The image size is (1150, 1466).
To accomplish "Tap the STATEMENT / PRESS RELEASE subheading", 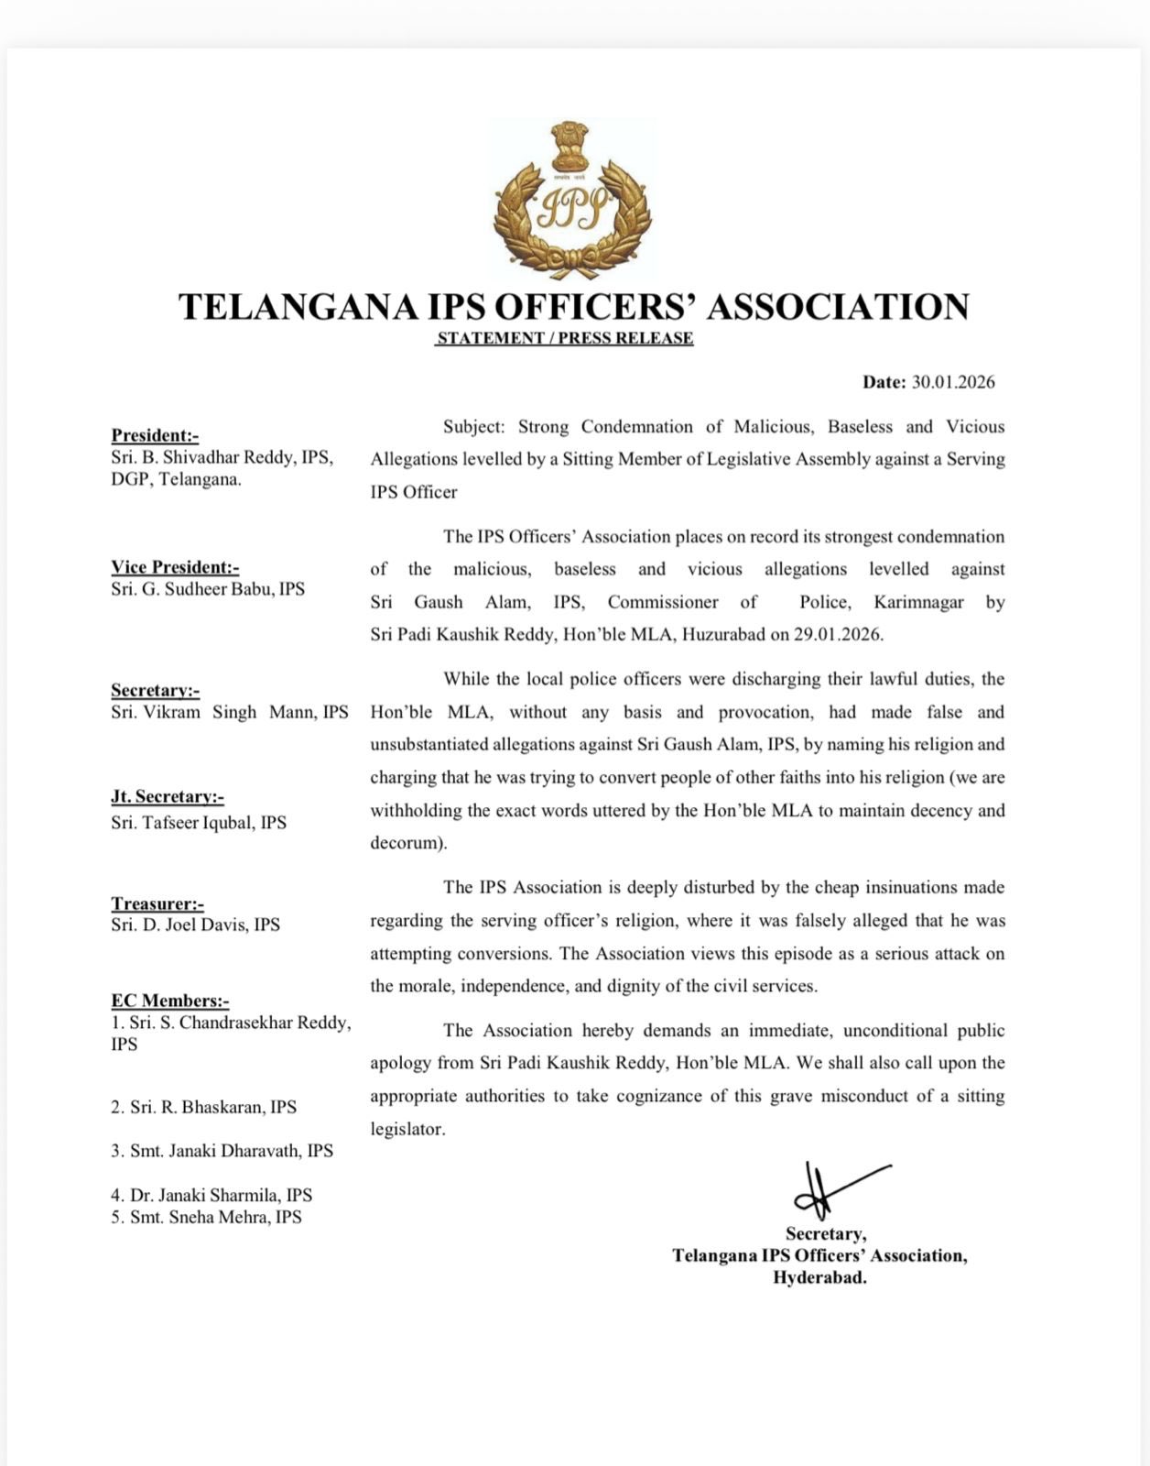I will coord(565,338).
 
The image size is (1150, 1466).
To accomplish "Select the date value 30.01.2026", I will coord(953,382).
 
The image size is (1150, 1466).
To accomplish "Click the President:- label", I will coord(155,435).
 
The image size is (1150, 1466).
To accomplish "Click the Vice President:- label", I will coord(175,567).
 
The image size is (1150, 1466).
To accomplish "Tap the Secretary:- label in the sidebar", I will coord(155,690).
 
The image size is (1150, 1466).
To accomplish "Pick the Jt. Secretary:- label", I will coord(168,796).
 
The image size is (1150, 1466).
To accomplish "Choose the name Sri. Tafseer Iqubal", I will coord(186,822).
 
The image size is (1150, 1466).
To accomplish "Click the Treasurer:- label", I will coord(157,903).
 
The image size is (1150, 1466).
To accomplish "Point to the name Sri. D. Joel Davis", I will coord(183,924).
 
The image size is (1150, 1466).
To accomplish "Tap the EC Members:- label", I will coord(170,1001).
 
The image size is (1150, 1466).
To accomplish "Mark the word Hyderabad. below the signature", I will coord(819,1277).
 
